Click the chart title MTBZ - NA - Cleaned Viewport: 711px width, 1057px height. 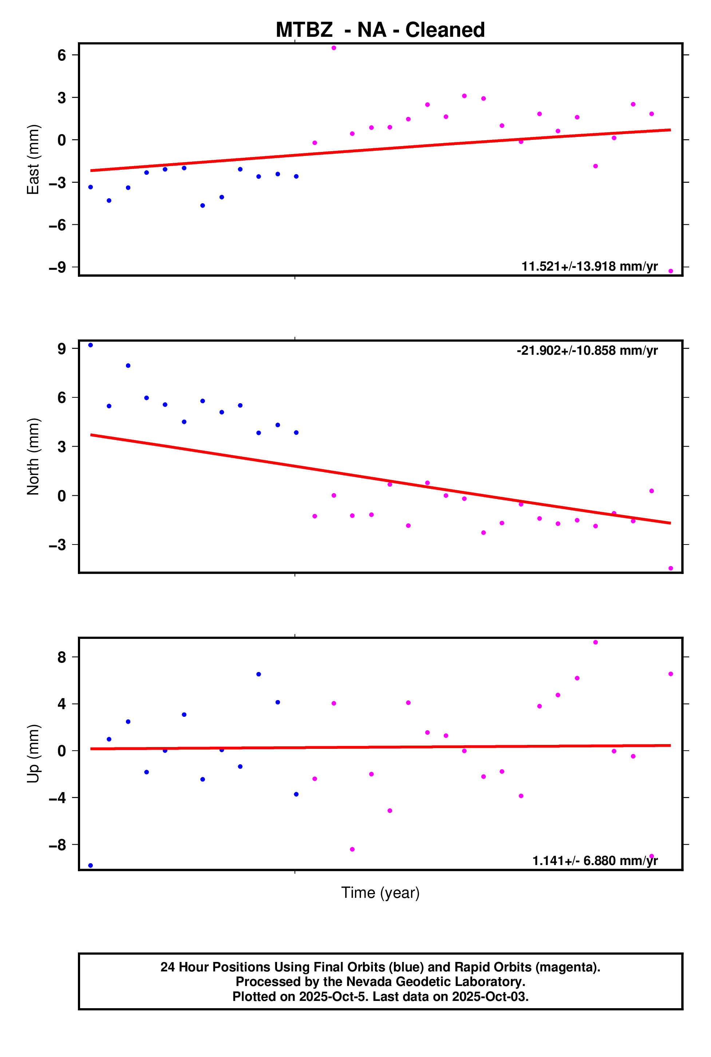point(380,30)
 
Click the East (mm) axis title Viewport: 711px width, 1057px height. point(33,159)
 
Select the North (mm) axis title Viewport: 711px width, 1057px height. point(33,456)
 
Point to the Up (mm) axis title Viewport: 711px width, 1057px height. point(33,754)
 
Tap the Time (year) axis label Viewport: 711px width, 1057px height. point(380,893)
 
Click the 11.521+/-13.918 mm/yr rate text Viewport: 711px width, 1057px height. point(589,266)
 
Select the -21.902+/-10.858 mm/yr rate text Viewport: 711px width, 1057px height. point(587,350)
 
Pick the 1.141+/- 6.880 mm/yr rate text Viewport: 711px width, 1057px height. point(595,861)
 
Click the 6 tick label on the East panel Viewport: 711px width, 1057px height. point(62,55)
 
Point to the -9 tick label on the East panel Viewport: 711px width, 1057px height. point(58,267)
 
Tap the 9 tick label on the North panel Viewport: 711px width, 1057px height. point(62,349)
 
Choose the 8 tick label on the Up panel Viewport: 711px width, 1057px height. point(62,657)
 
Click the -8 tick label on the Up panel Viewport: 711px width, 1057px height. point(58,845)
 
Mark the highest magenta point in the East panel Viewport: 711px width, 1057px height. point(334,48)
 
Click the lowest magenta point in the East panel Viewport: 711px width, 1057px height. point(671,271)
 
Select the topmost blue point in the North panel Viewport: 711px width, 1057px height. point(91,345)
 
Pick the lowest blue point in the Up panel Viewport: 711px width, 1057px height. point(91,865)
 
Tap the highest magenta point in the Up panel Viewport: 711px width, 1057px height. point(595,643)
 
